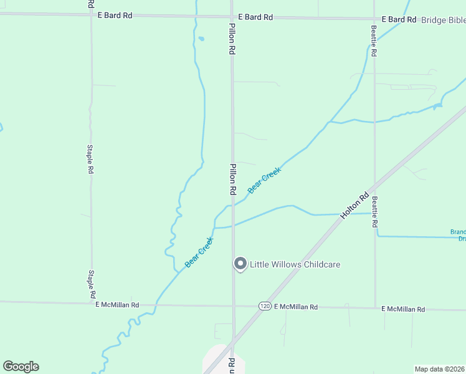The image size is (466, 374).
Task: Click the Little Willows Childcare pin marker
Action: pyautogui.click(x=240, y=264)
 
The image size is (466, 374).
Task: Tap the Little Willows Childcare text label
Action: pyautogui.click(x=295, y=264)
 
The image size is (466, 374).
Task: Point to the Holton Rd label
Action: pyautogui.click(x=351, y=204)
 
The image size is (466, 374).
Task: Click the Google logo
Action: pyautogui.click(x=21, y=367)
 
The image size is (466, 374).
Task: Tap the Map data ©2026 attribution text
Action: pyautogui.click(x=440, y=369)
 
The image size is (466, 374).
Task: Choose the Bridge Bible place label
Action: pyautogui.click(x=443, y=20)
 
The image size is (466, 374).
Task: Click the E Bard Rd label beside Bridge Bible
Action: pyautogui.click(x=398, y=20)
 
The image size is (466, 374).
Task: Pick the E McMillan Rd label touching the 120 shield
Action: pyautogui.click(x=296, y=307)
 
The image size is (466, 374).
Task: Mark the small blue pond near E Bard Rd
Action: pyautogui.click(x=201, y=39)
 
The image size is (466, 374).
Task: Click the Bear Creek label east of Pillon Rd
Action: pyautogui.click(x=264, y=180)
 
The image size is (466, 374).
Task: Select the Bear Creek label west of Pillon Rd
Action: pyautogui.click(x=199, y=252)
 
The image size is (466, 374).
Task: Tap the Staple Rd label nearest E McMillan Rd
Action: pyautogui.click(x=92, y=284)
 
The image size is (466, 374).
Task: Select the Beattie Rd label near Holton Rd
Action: pyautogui.click(x=375, y=213)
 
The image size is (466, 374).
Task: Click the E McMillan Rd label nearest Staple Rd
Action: pyautogui.click(x=117, y=305)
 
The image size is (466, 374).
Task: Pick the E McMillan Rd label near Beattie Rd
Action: pyautogui.click(x=403, y=309)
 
